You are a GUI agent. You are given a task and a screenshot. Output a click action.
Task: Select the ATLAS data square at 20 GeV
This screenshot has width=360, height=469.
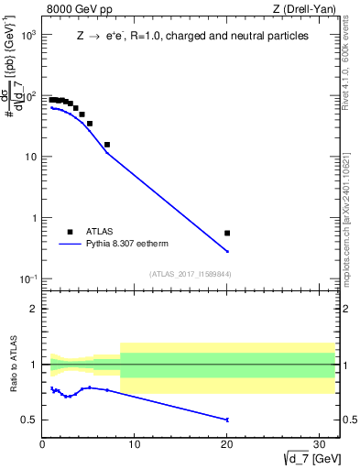click(x=227, y=234)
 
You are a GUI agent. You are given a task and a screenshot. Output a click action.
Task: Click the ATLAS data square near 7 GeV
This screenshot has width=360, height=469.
click(x=107, y=145)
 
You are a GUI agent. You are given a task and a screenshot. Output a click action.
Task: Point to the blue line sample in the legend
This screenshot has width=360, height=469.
click(x=70, y=245)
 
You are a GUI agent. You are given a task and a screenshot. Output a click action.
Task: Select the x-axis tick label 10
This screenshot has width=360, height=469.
click(x=135, y=446)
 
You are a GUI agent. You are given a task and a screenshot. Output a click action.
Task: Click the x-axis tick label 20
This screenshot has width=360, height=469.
click(x=227, y=446)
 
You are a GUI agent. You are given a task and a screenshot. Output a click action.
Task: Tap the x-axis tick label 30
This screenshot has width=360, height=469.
click(x=320, y=446)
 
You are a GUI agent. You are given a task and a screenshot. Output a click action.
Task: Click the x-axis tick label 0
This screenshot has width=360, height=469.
click(x=42, y=446)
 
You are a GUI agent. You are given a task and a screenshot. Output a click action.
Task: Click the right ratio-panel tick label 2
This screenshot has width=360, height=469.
click(x=348, y=309)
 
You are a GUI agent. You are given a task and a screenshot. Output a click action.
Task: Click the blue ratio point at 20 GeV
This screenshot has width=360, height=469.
click(x=227, y=420)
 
